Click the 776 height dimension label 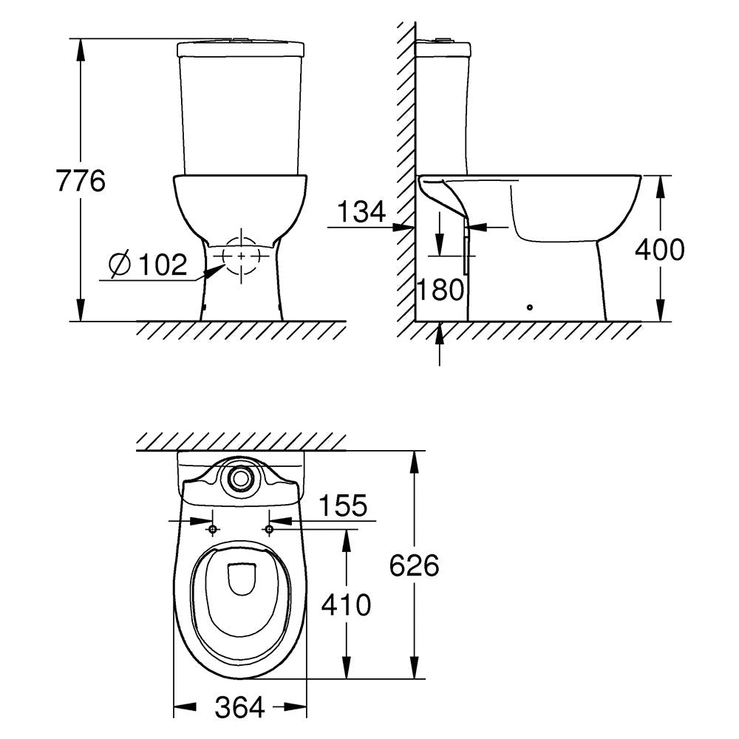pos(81,180)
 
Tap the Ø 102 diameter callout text pos(148,264)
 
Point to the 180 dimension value pos(441,290)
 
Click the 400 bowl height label pos(660,249)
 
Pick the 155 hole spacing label pos(343,505)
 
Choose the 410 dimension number pos(346,605)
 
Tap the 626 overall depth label pos(415,565)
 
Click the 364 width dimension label pos(240,707)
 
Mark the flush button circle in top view pos(241,478)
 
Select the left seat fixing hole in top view pos(213,530)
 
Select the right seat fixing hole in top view pos(269,530)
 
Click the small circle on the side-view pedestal pos(530,307)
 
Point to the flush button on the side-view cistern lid pos(443,40)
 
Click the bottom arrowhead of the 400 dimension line pos(660,310)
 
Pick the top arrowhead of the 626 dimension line pos(415,462)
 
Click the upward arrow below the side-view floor pos(440,344)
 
